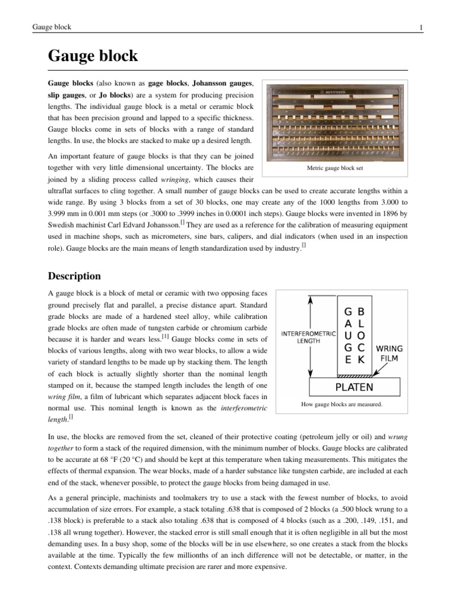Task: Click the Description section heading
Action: point(74,276)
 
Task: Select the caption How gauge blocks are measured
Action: point(341,404)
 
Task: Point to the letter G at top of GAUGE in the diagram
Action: point(349,311)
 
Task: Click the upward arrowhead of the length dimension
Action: point(308,298)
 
